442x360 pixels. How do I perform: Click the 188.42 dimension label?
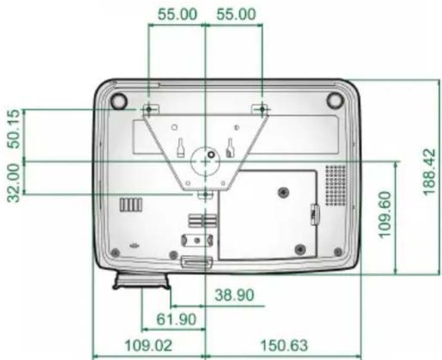pos(429,172)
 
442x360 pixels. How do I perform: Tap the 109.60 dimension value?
pos(384,214)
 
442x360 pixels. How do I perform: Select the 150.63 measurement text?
pos(284,345)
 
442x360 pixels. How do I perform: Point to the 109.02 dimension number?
pos(148,345)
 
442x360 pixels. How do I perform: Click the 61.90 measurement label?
pos(176,319)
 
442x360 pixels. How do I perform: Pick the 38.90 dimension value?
pos(234,295)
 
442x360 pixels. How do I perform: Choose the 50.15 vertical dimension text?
pos(14,129)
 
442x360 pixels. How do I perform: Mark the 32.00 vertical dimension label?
pos(14,183)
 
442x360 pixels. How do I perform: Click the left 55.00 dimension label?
pos(177,14)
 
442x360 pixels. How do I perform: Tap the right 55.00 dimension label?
pos(236,14)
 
